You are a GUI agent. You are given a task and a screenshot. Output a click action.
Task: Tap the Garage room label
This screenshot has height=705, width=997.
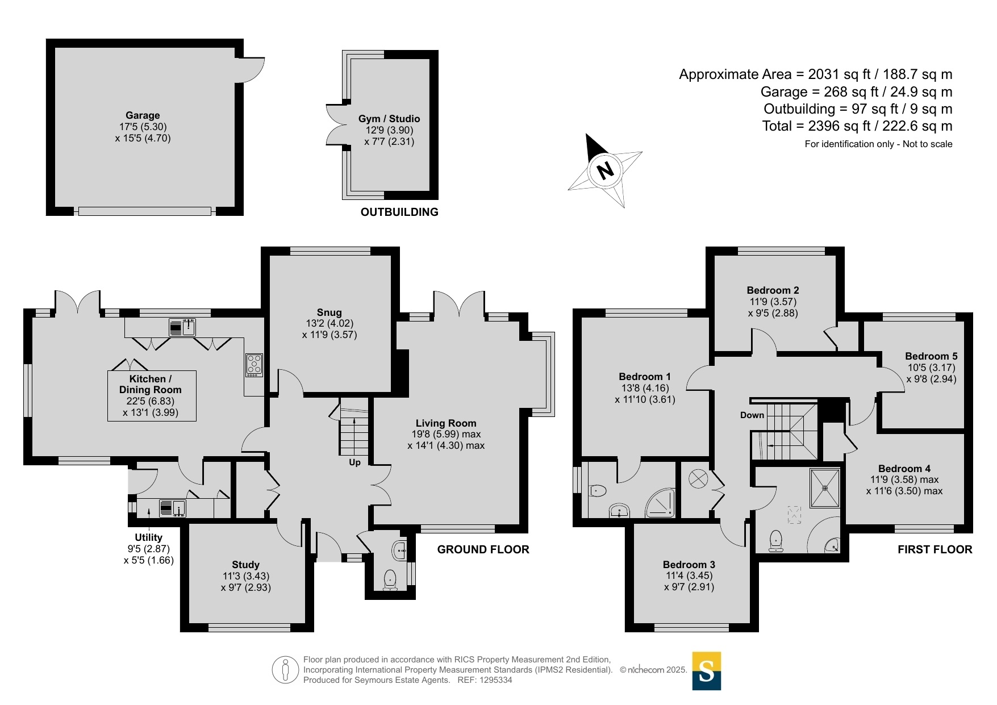143,115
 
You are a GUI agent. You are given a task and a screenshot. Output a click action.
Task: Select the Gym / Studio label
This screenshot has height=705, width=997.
389,119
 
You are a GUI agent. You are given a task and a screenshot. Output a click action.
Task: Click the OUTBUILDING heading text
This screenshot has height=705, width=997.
399,212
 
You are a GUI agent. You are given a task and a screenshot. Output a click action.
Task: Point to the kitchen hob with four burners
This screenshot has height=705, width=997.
254,365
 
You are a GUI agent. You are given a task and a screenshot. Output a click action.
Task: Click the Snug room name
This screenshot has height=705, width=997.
329,312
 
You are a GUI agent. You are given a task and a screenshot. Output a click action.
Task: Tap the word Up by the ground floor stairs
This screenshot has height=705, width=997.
354,462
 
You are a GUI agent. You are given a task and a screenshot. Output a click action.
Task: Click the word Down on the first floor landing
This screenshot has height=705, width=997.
752,415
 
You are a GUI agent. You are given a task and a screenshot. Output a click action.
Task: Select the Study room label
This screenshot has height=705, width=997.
245,565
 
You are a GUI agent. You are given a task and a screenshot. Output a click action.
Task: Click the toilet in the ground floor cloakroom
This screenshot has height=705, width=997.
390,580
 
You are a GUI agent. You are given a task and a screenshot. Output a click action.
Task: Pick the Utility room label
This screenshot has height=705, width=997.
148,537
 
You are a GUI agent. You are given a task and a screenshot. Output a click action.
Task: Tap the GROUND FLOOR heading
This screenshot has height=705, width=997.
483,549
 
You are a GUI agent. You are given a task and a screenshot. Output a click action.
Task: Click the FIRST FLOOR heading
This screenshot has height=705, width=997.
935,549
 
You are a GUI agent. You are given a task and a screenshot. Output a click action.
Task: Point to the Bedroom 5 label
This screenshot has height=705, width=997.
931,356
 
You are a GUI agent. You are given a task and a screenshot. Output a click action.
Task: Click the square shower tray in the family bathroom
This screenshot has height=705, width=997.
825,487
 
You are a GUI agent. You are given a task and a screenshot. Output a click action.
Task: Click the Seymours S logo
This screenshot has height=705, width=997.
706,671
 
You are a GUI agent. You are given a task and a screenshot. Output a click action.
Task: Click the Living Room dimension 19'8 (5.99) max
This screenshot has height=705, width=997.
447,434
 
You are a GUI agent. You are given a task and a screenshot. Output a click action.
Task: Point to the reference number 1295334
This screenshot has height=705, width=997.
496,680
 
